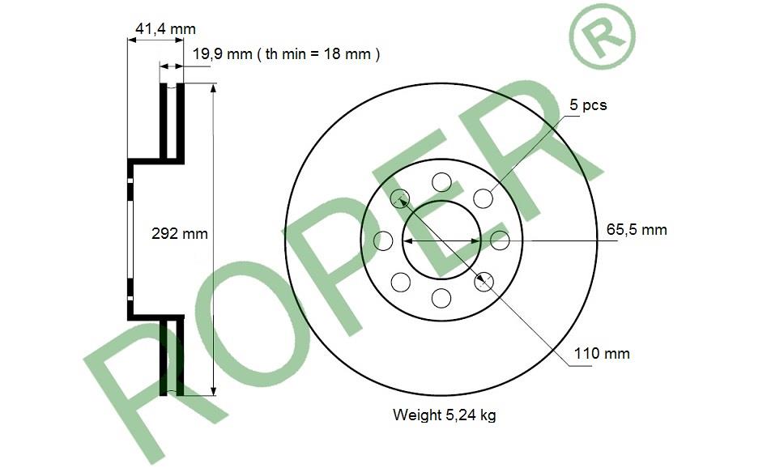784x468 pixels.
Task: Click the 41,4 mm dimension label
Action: pos(165,29)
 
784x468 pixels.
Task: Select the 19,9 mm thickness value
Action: pos(223,53)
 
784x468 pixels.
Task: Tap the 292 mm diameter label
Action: pos(180,233)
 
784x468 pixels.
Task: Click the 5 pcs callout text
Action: pos(588,105)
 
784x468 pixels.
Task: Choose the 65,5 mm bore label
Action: pos(637,229)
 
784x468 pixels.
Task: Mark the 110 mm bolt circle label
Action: pos(602,354)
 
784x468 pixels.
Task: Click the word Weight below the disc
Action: pos(416,415)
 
